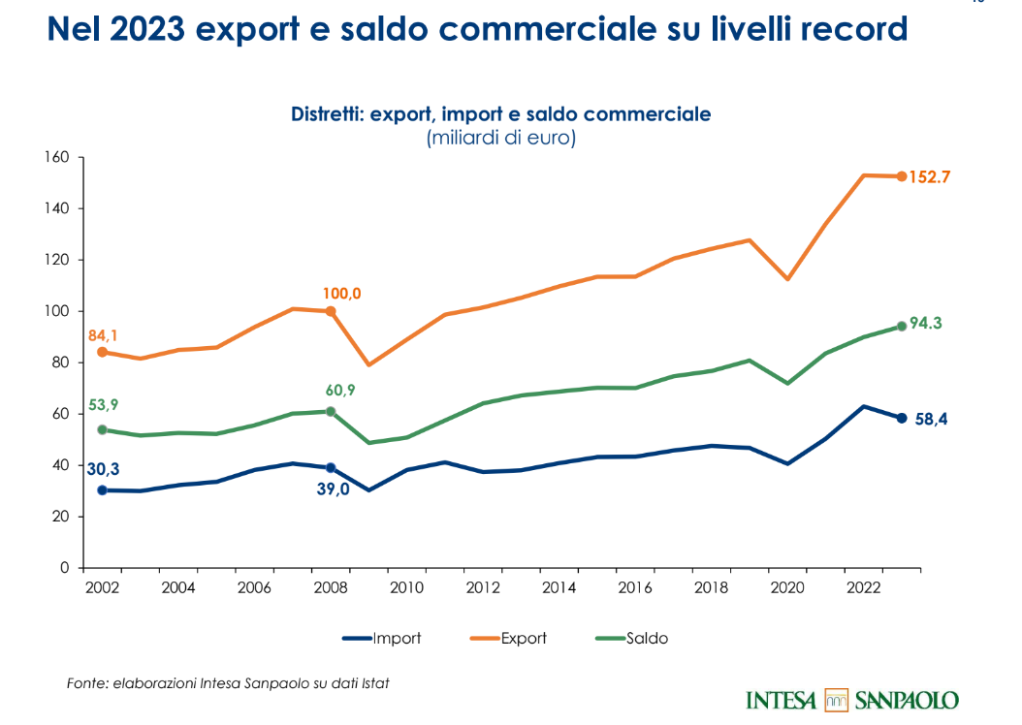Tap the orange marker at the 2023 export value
tap(902, 176)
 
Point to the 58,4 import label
tap(933, 420)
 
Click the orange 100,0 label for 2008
tap(342, 293)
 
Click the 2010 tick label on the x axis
tap(404, 587)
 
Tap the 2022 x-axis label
tap(863, 587)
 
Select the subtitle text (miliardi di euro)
tap(501, 138)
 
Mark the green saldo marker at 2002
tap(102, 429)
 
